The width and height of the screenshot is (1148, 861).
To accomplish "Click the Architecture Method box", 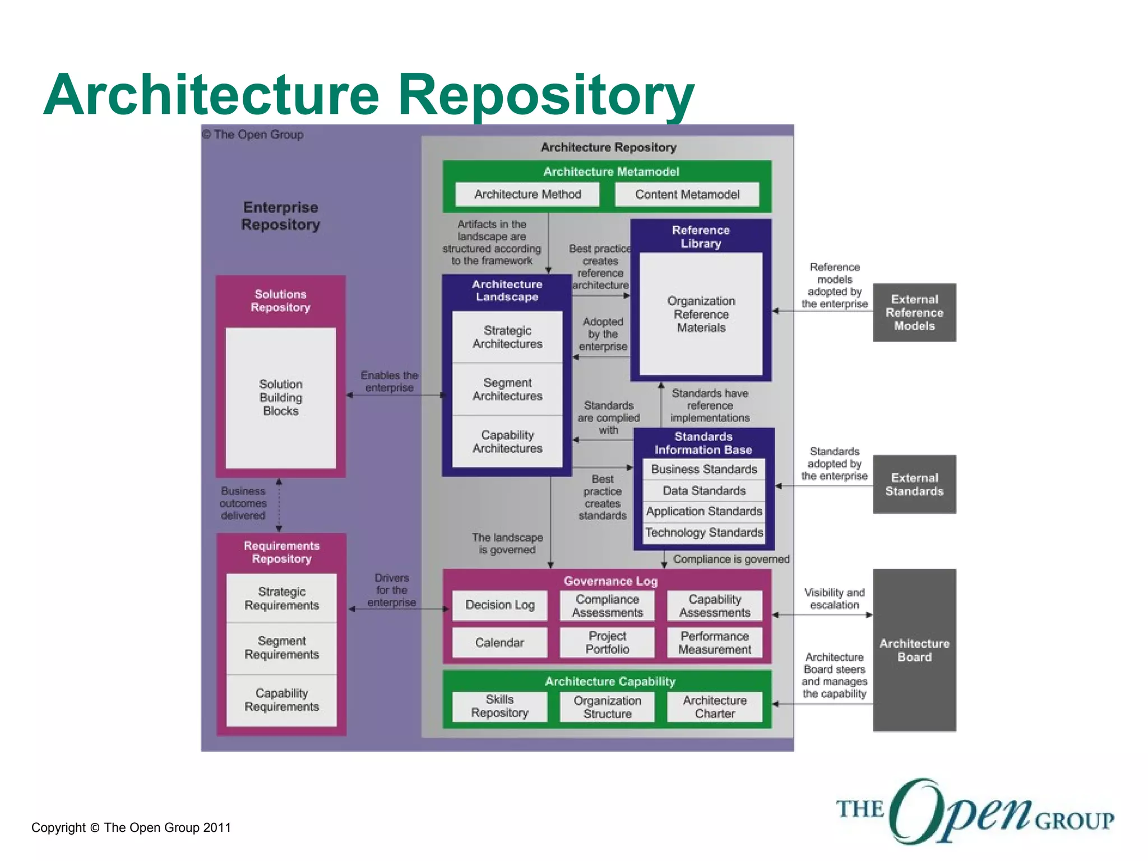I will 527,195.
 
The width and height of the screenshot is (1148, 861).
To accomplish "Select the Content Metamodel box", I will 687,195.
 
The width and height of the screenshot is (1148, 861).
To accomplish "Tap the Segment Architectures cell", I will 507,389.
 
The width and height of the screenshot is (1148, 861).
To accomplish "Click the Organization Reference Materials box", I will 701,314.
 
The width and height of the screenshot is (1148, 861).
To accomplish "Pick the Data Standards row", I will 704,490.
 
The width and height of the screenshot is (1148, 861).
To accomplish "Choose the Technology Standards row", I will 704,533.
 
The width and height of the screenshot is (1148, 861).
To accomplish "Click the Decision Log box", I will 499,605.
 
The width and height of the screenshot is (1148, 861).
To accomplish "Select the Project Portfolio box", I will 607,642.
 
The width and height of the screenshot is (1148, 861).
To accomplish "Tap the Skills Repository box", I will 499,706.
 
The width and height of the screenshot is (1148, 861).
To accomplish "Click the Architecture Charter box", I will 715,707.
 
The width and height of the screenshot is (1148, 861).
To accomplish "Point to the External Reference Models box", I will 914,312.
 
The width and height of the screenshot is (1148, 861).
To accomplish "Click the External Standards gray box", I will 914,484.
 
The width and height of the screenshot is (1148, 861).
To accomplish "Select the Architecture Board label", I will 914,650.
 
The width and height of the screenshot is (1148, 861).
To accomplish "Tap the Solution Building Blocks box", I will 280,397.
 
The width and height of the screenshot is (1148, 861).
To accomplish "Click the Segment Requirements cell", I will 281,648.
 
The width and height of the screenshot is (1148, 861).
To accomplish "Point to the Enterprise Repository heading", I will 280,216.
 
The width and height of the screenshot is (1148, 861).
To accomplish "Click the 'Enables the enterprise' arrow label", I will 389,381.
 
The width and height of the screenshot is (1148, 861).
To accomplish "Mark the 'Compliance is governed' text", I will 731,559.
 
